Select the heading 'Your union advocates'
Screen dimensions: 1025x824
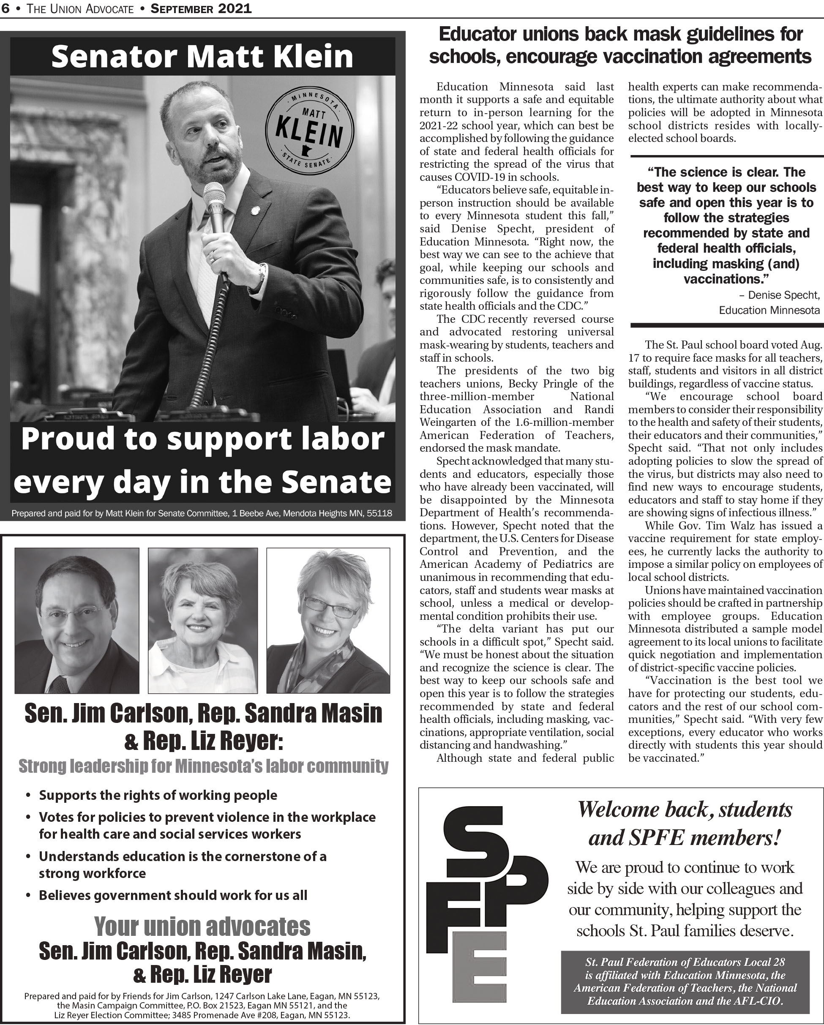tap(202, 927)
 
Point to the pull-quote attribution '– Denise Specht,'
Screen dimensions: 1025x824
tap(779, 295)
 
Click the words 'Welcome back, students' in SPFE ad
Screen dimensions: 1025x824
tap(685, 810)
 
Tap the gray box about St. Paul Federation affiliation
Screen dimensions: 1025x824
tap(685, 982)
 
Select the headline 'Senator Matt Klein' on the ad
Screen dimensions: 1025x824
tap(202, 56)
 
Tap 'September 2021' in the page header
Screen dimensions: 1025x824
tap(201, 8)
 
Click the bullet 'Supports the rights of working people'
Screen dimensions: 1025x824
tap(158, 796)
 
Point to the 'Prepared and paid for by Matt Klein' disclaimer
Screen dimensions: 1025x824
tap(202, 513)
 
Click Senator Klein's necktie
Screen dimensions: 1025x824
tap(208, 271)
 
